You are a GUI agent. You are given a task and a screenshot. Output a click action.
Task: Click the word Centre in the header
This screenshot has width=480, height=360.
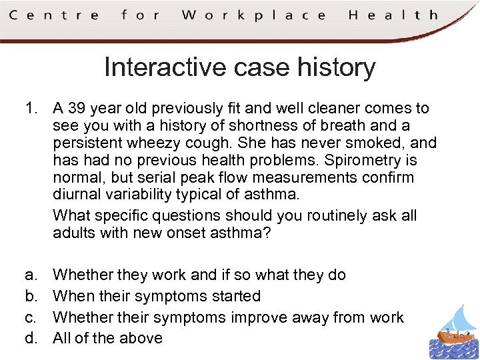click(53, 14)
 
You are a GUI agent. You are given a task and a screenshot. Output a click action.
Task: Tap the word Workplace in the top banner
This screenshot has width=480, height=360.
click(253, 15)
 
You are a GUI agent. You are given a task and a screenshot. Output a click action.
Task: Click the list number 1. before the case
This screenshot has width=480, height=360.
click(33, 108)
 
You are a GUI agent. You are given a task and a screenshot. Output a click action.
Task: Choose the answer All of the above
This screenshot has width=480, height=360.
click(107, 338)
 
